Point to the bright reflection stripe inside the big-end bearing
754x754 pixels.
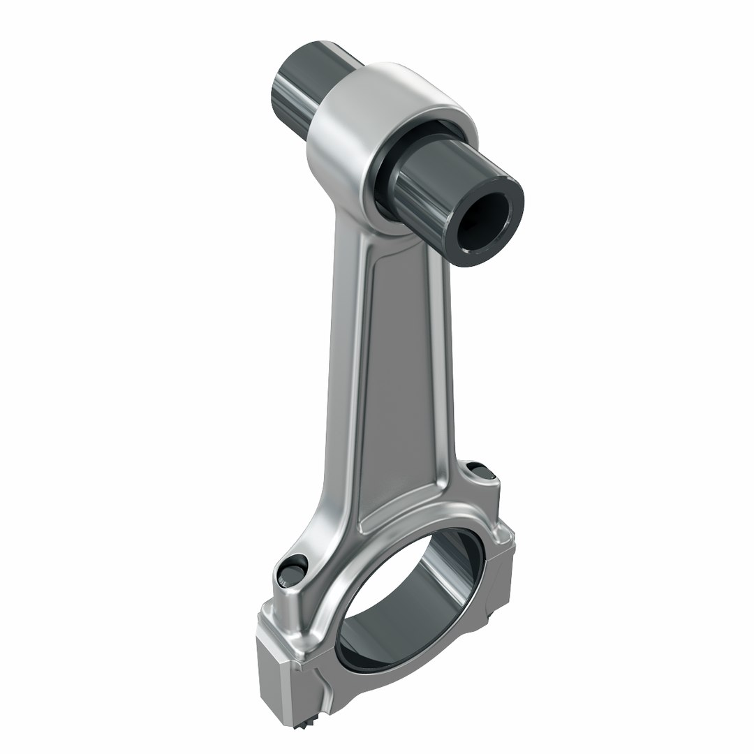(x=447, y=565)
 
